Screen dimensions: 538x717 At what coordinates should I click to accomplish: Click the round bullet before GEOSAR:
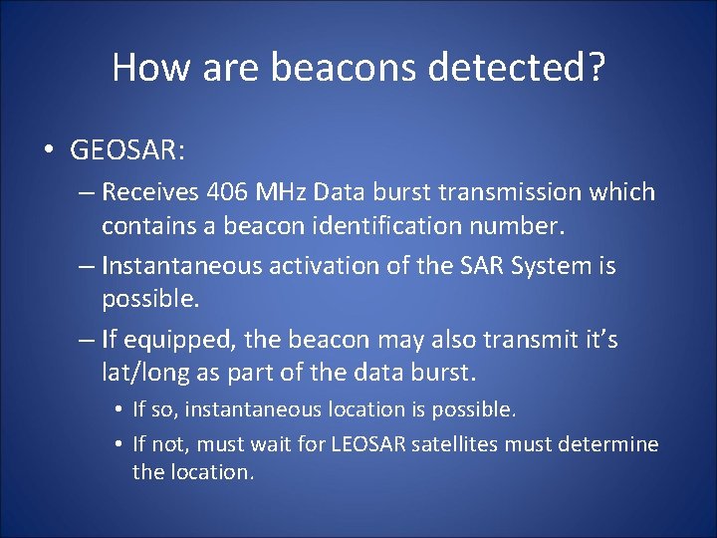click(x=49, y=150)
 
